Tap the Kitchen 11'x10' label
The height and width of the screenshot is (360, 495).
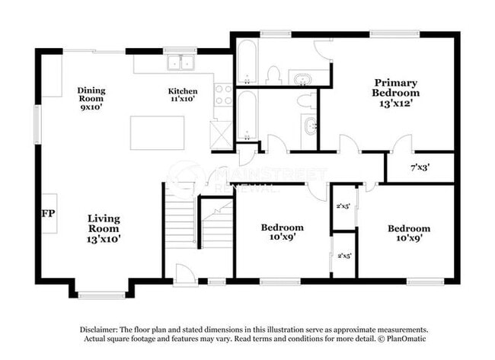(182, 94)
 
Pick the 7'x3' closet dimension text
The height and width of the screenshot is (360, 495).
(421, 167)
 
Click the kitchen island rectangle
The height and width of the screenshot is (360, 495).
(158, 132)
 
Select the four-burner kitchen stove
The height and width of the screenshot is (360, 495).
(223, 94)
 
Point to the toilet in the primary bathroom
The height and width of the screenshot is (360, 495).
(273, 75)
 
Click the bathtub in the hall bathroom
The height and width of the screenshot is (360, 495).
(247, 114)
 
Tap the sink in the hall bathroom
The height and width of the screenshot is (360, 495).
(310, 125)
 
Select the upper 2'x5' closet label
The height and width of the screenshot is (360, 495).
(343, 205)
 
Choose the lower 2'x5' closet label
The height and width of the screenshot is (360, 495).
(343, 256)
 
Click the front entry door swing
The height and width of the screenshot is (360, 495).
(184, 272)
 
